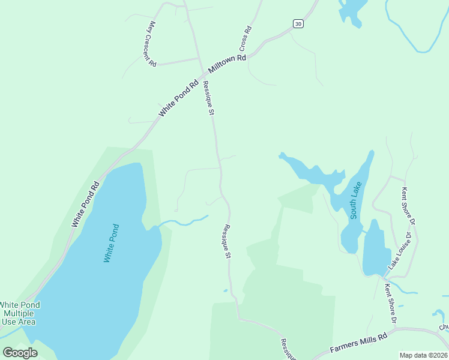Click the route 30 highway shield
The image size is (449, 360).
[298, 23]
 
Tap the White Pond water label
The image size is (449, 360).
[112, 242]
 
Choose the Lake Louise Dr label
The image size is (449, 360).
[401, 249]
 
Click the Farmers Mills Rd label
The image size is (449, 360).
[358, 344]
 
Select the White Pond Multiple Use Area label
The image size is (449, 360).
[20, 313]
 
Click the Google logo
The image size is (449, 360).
[20, 352]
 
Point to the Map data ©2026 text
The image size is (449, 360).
[424, 355]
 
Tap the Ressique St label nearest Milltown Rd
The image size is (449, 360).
[208, 97]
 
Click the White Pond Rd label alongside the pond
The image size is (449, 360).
[85, 205]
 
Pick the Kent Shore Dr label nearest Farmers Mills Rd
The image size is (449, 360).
[390, 304]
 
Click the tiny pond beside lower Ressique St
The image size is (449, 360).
[226, 291]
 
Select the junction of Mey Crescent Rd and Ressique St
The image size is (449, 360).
[199, 59]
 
